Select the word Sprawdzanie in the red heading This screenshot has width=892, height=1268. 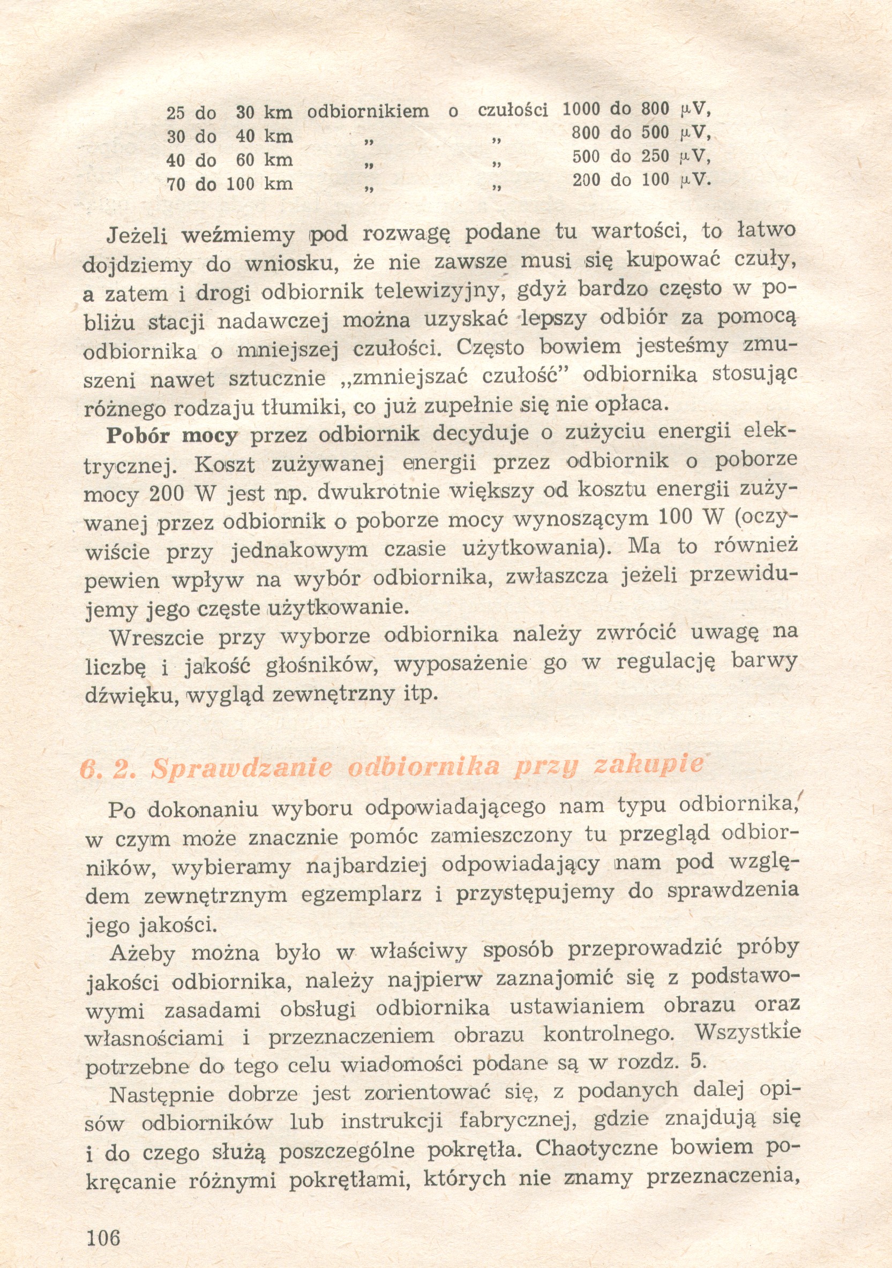[242, 768]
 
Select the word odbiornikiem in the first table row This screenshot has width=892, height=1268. [368, 111]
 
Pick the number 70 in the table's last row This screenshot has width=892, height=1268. [176, 184]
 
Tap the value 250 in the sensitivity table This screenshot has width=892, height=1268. [655, 156]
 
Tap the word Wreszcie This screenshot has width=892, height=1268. [157, 638]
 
